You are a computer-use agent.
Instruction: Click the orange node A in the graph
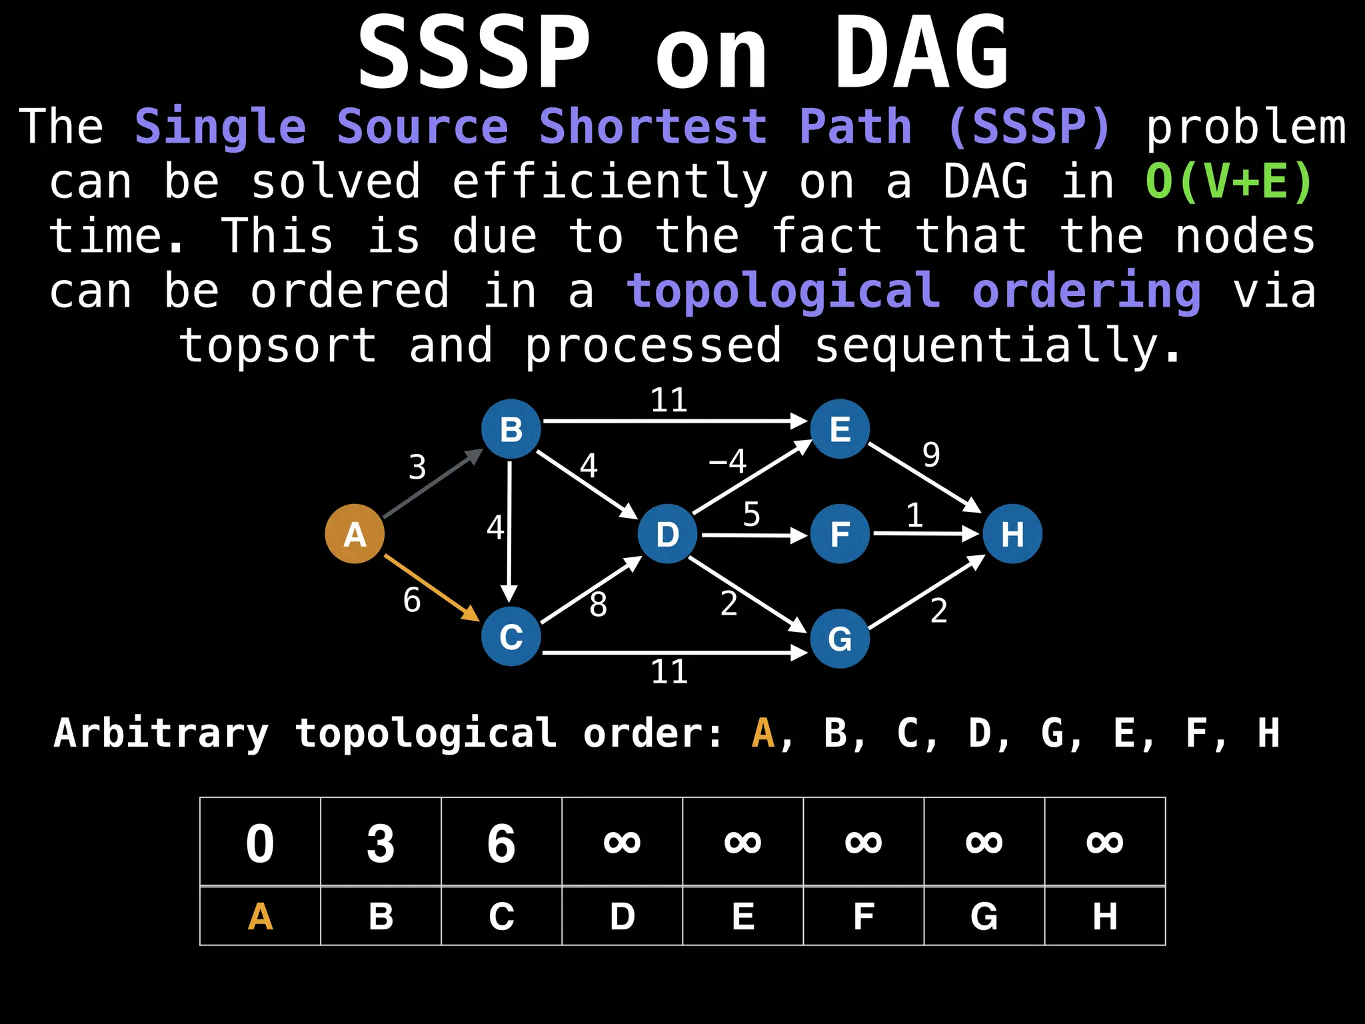point(355,534)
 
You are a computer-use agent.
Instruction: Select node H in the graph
point(1012,534)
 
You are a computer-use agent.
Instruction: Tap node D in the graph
point(667,534)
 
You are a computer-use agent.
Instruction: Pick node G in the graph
point(840,639)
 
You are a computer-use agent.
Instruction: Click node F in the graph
point(840,534)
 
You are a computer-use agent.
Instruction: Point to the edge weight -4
point(728,461)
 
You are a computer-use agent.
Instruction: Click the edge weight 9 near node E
point(931,455)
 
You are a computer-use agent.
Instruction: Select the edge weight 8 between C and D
point(598,605)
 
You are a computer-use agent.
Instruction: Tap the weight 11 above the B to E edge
point(669,401)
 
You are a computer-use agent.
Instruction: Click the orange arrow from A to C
point(431,587)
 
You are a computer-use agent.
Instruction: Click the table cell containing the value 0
point(260,843)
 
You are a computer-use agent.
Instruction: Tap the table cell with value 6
point(501,843)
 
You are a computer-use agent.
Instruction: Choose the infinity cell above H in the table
point(1104,843)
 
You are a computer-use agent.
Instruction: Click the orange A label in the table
point(260,917)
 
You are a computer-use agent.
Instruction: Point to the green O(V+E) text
point(1229,181)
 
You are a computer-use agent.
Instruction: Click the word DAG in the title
point(921,53)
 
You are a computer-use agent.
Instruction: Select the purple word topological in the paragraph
point(784,291)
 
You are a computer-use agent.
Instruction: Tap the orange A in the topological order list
point(762,733)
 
